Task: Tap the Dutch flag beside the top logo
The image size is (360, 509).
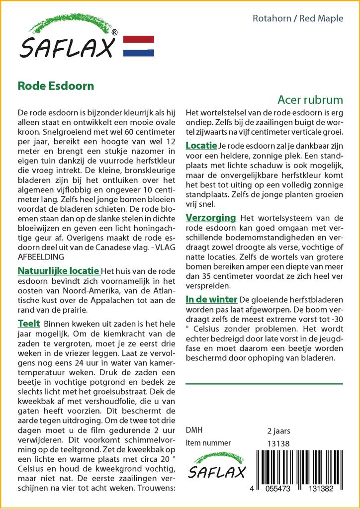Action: [x=138, y=46]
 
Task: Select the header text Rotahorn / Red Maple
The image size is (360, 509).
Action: [x=298, y=19]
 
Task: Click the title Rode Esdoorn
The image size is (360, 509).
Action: [x=56, y=85]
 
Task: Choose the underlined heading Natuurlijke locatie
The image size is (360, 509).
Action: [x=58, y=271]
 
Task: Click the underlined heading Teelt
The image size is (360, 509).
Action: [x=29, y=324]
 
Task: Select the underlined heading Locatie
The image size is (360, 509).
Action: [x=201, y=146]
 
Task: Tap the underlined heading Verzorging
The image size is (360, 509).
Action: [x=210, y=218]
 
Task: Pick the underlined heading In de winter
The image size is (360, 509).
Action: [x=211, y=300]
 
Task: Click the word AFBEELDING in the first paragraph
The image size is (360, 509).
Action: [x=41, y=257]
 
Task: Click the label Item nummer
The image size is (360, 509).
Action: [x=208, y=443]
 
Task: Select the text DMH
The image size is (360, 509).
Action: [x=194, y=430]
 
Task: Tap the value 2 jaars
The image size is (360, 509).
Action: [x=278, y=431]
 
